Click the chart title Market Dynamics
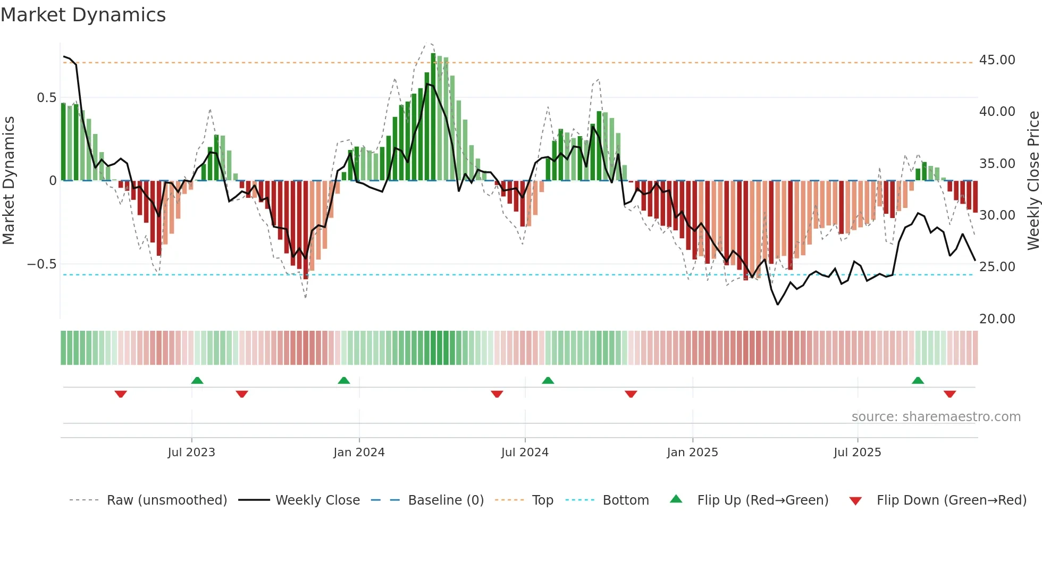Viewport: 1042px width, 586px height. coord(83,15)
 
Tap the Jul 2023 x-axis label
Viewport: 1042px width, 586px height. coord(191,453)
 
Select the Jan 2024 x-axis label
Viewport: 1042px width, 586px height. coord(359,453)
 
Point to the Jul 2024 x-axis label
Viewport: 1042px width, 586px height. coord(525,453)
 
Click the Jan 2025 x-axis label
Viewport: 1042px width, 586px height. coord(692,453)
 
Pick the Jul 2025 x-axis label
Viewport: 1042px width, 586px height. coord(857,453)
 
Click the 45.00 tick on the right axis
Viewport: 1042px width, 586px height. coord(997,60)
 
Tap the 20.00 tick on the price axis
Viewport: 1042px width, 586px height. coord(997,319)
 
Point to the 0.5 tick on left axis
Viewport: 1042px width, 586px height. coord(46,98)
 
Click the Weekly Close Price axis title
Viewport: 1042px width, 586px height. coord(1033,181)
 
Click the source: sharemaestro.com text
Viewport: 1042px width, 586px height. coord(936,417)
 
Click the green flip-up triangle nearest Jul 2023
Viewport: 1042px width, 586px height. coord(197,380)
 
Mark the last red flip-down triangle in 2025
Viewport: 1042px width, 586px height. coord(950,394)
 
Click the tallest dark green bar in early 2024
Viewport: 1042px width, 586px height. coord(433,117)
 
